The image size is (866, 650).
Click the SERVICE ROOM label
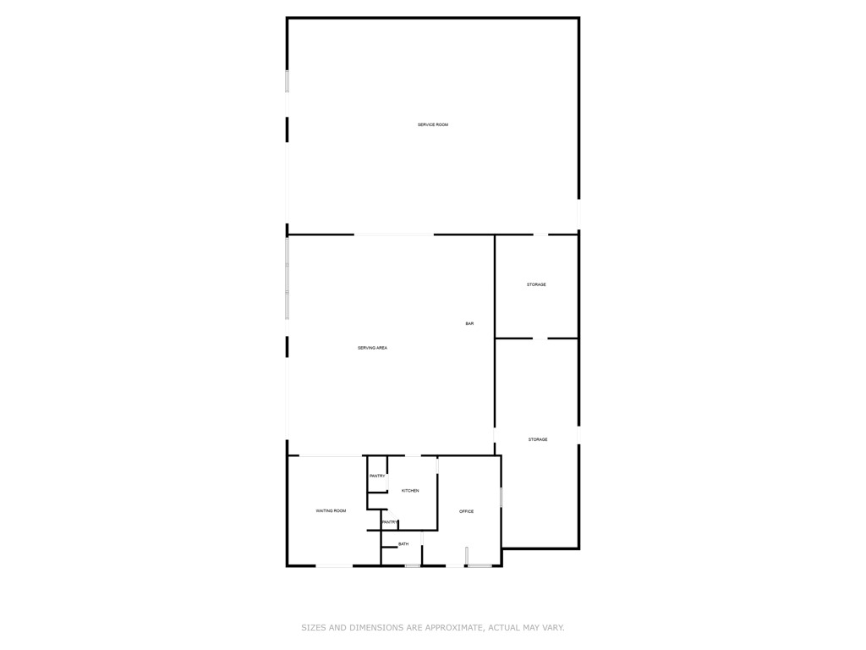click(x=432, y=125)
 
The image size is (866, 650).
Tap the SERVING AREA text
click(x=372, y=348)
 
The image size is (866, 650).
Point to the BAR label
click(x=469, y=324)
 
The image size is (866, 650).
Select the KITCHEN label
click(x=409, y=491)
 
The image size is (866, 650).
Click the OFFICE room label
click(x=466, y=511)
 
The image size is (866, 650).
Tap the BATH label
click(x=403, y=544)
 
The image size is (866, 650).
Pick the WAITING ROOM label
click(x=331, y=510)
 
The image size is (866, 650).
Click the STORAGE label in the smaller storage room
click(x=536, y=284)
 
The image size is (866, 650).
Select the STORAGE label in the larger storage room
click(x=538, y=439)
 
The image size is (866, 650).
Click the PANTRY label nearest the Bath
click(x=389, y=522)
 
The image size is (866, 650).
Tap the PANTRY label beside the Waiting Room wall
click(x=377, y=476)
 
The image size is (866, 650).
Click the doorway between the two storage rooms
click(x=540, y=339)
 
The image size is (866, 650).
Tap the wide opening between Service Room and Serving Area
click(x=393, y=234)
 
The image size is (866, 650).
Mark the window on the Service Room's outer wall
click(x=288, y=81)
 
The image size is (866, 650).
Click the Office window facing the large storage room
click(x=501, y=496)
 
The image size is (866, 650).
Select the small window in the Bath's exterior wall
click(x=412, y=565)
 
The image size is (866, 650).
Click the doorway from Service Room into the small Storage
click(x=540, y=234)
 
